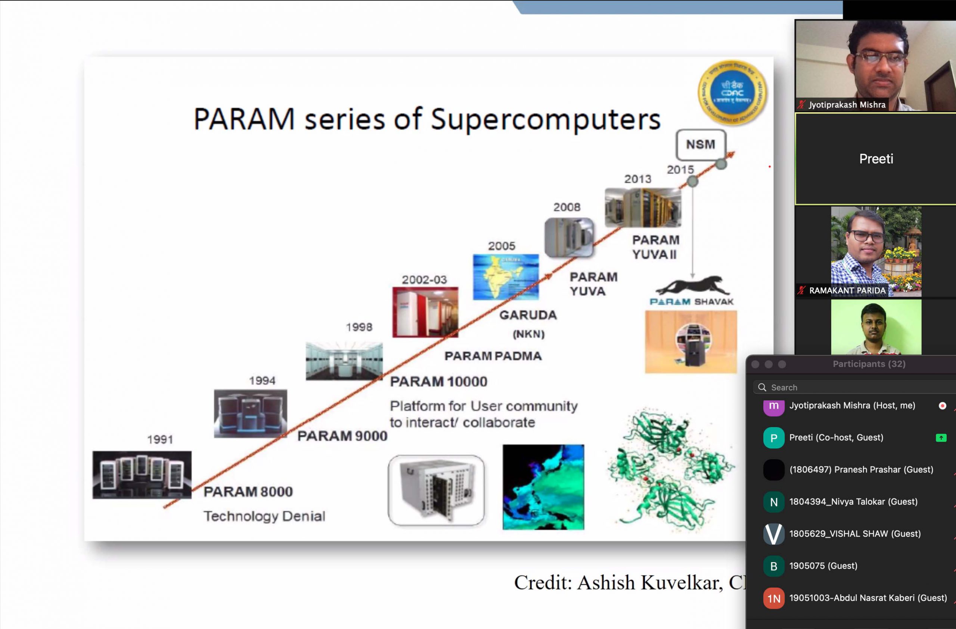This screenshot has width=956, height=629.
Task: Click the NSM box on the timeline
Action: point(701,144)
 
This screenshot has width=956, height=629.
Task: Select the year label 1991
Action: point(160,439)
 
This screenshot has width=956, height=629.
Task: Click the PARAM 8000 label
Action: point(248,492)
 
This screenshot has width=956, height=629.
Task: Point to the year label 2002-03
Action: point(424,280)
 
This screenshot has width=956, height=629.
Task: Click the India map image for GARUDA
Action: point(506,277)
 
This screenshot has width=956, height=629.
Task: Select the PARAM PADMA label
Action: point(493,356)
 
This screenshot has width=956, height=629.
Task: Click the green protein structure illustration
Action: point(670,470)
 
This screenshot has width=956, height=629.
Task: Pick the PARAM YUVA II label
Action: point(655,247)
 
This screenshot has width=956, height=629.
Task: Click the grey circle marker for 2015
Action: point(692,181)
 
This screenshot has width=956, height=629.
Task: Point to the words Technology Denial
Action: point(264,516)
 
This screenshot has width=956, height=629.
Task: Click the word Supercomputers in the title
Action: point(546,120)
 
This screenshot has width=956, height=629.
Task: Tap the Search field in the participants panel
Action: point(851,387)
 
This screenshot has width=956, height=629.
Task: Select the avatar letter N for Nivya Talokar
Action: point(774,502)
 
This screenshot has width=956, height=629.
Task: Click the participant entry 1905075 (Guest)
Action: point(823,566)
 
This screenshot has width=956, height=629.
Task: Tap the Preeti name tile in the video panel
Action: point(876,159)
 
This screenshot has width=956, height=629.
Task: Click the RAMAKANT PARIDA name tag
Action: point(847,291)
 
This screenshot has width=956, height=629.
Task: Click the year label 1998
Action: point(359,327)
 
